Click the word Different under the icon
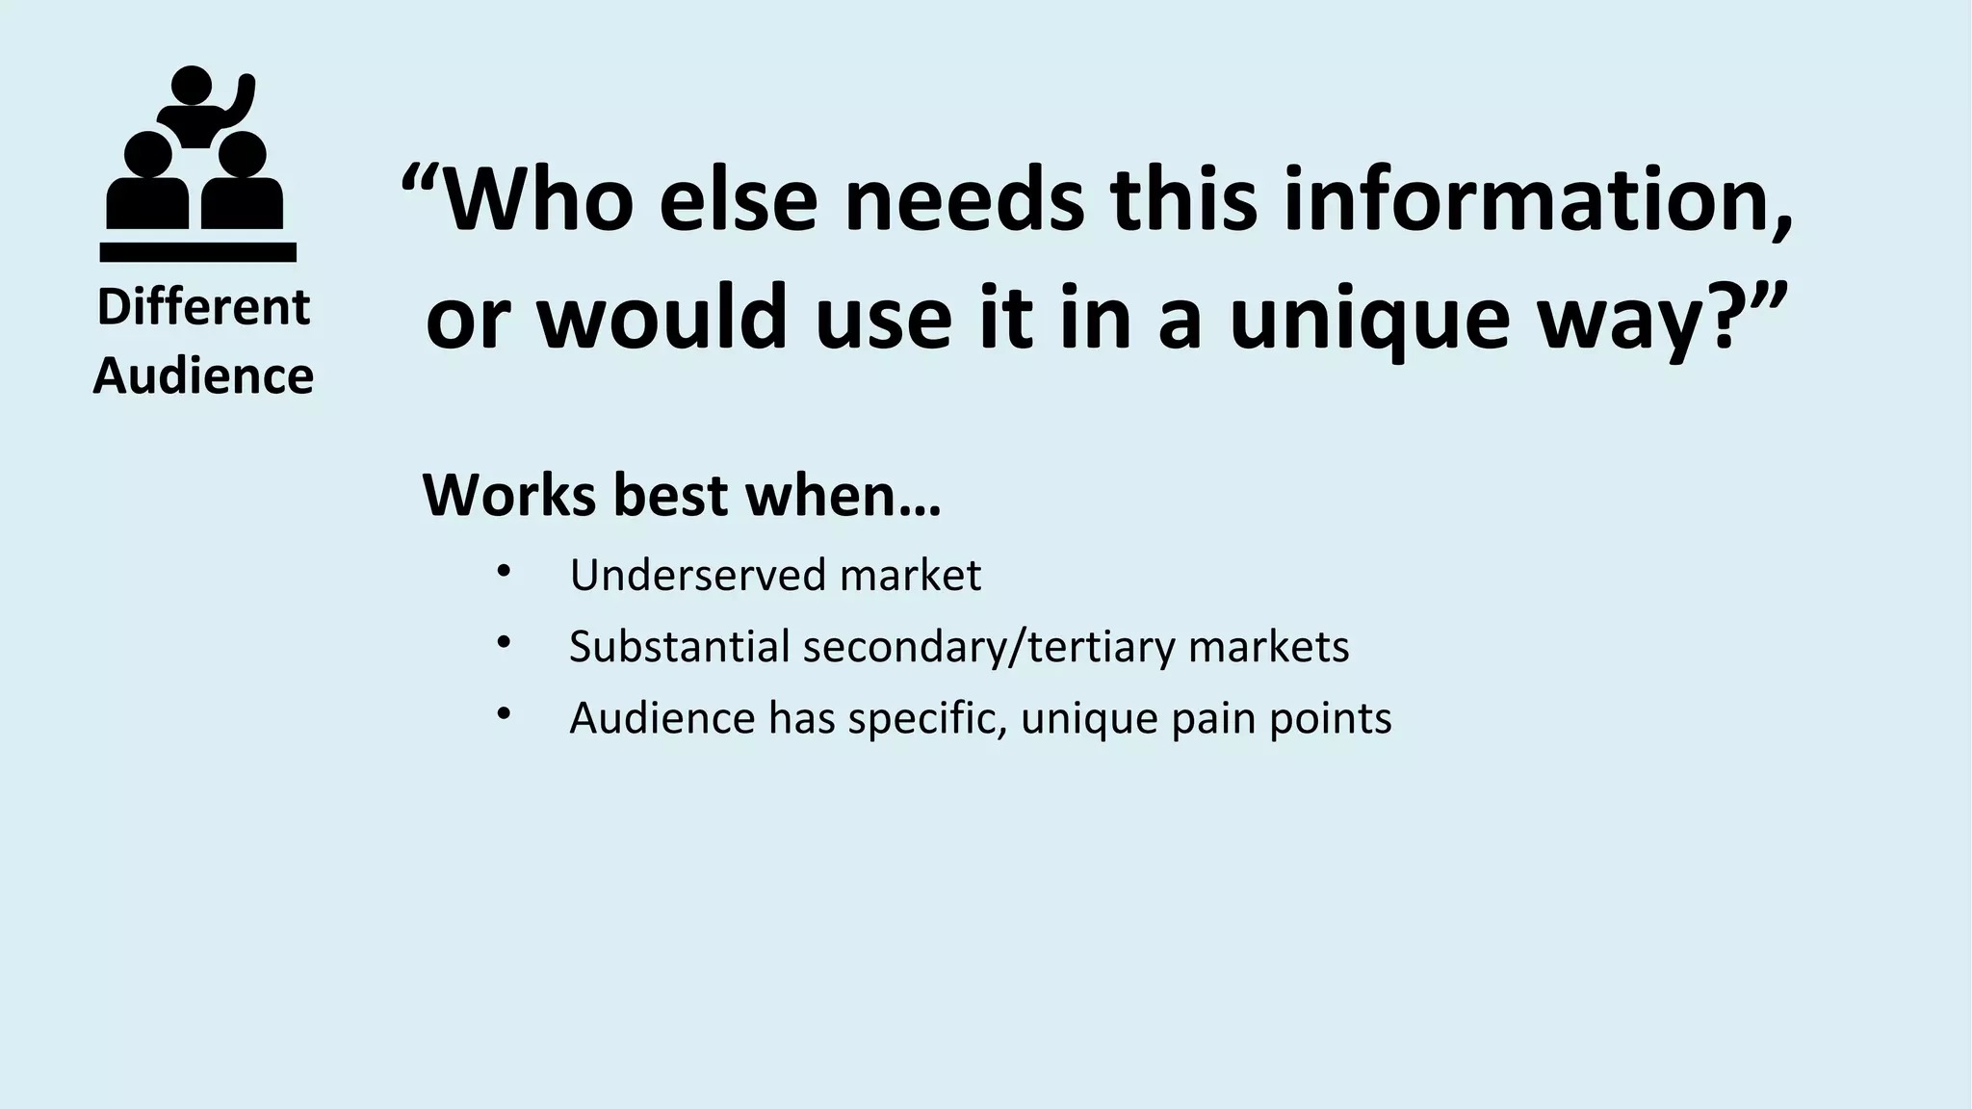203,308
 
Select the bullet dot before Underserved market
503,571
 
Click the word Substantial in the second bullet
679,646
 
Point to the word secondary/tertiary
989,646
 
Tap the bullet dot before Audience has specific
503,713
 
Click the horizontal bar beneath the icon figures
197,252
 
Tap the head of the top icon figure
191,85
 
